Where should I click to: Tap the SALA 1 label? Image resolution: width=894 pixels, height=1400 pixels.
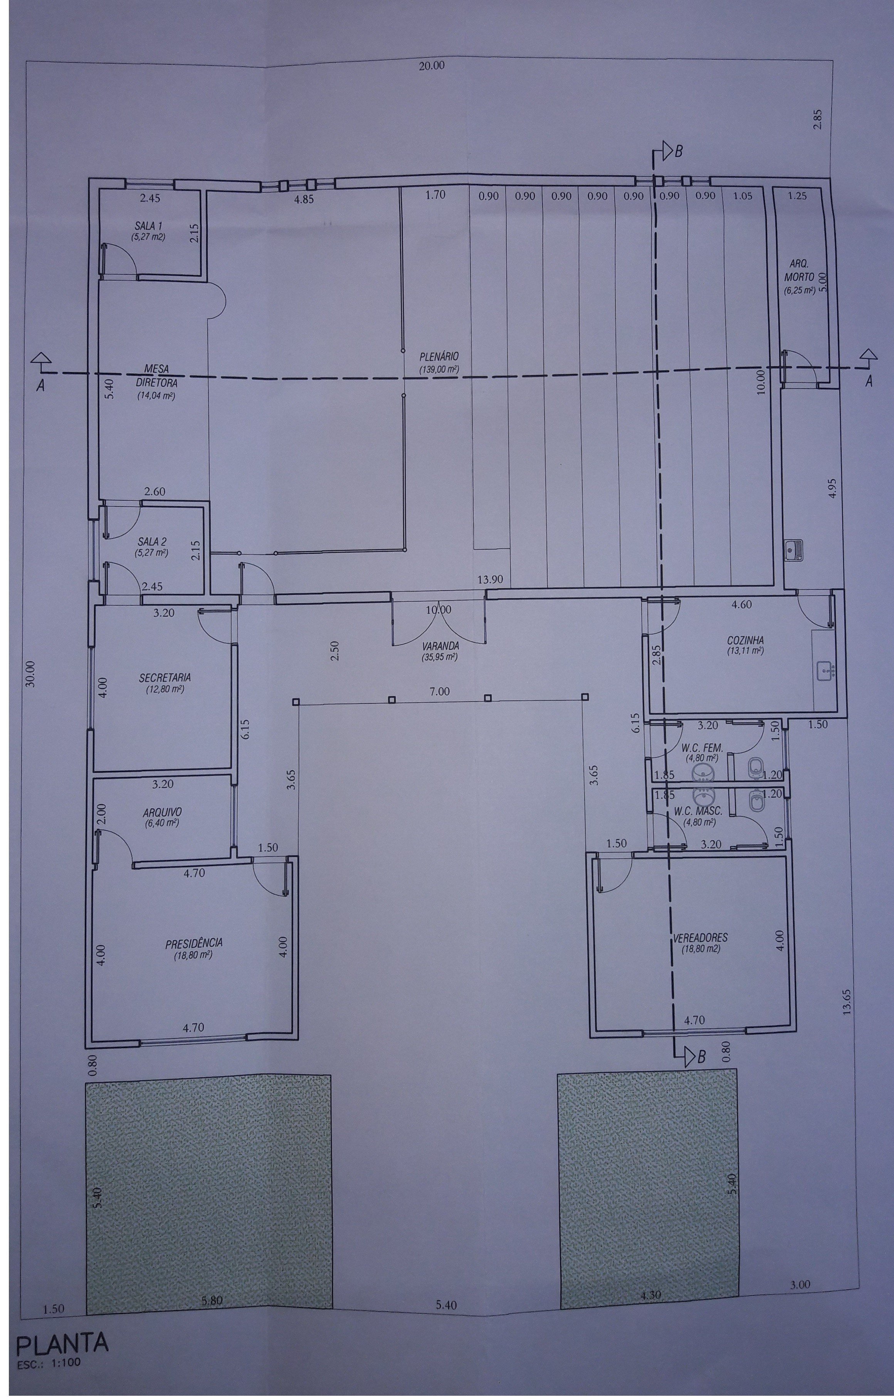coord(149,225)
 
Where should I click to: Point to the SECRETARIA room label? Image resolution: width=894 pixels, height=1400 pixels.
coord(165,678)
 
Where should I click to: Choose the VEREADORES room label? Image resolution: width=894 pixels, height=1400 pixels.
coord(701,938)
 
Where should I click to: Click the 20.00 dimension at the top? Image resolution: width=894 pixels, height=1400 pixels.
coord(431,66)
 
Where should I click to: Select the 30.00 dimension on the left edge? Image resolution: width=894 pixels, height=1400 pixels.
coord(31,675)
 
